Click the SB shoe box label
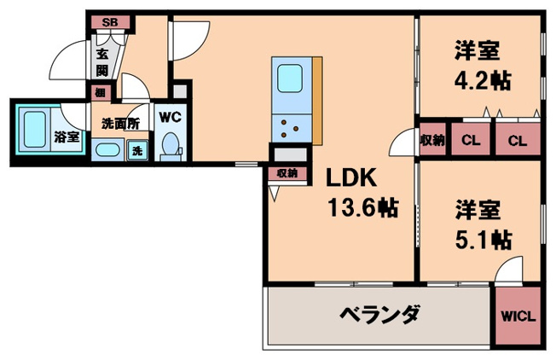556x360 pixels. (x=110, y=22)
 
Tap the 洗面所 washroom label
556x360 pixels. (x=120, y=124)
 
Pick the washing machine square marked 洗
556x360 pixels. (x=137, y=152)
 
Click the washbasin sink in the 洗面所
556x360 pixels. (x=108, y=152)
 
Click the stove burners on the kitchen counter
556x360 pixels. (x=291, y=129)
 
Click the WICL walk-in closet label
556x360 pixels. (x=518, y=316)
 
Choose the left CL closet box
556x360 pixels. (x=470, y=141)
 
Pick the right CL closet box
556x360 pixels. (x=518, y=141)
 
